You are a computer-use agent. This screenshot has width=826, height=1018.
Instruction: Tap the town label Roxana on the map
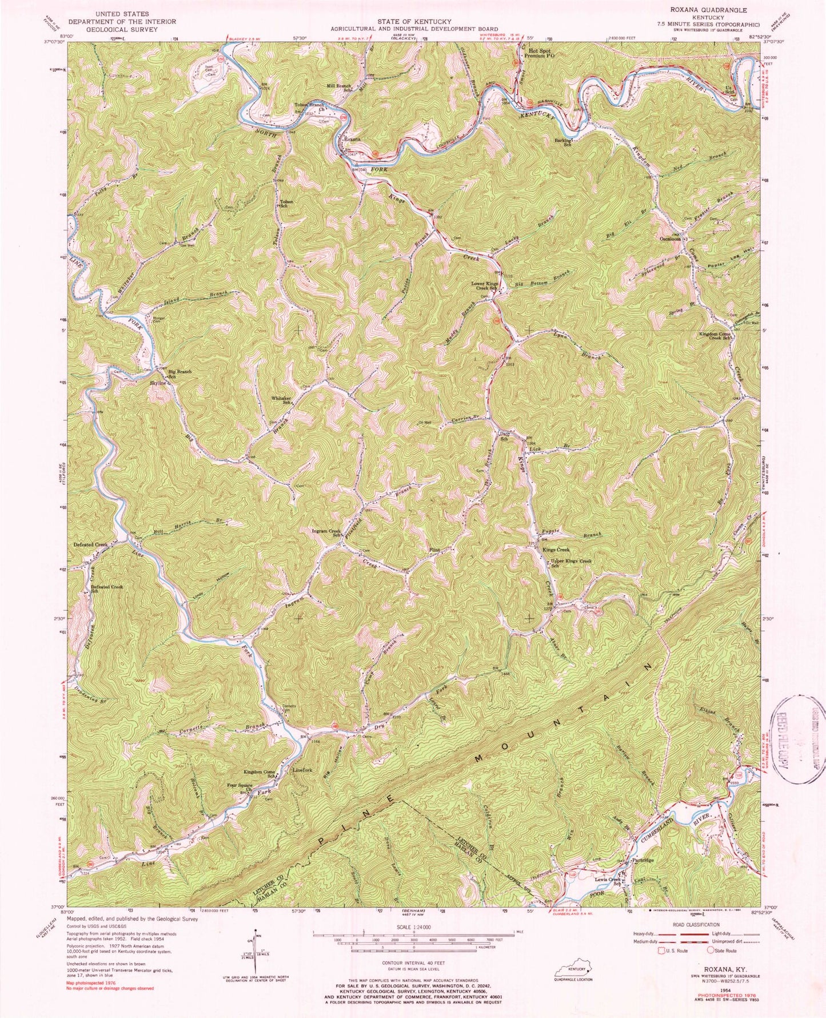[353, 138]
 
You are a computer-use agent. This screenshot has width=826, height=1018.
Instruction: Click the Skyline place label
[157, 383]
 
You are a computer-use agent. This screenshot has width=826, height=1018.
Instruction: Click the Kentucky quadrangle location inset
[573, 971]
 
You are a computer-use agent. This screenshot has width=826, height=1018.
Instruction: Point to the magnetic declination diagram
[244, 958]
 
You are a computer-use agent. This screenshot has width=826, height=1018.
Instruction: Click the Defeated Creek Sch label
[107, 589]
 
